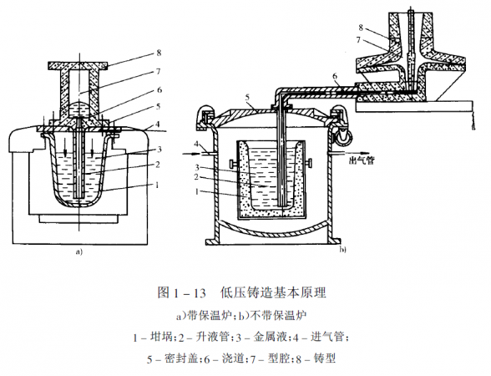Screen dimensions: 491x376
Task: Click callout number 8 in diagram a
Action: click(159, 53)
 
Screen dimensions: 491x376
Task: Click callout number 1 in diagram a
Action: click(157, 185)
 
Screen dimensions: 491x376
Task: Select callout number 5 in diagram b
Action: click(247, 98)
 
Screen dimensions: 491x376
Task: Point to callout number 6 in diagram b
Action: click(335, 77)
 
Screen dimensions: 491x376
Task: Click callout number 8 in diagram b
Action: click(361, 28)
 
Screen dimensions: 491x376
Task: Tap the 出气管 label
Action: click(362, 160)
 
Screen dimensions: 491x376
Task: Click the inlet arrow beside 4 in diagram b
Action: click(192, 154)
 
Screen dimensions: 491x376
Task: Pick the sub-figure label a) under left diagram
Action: click(78, 252)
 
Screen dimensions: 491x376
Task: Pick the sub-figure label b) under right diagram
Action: click(342, 250)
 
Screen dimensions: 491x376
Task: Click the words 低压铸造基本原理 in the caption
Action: click(273, 292)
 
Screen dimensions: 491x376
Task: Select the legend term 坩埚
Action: click(162, 338)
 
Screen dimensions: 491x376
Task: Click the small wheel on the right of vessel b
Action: click(344, 138)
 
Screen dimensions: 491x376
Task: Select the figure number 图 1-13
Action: click(181, 292)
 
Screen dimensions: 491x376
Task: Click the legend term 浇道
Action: click(233, 358)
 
